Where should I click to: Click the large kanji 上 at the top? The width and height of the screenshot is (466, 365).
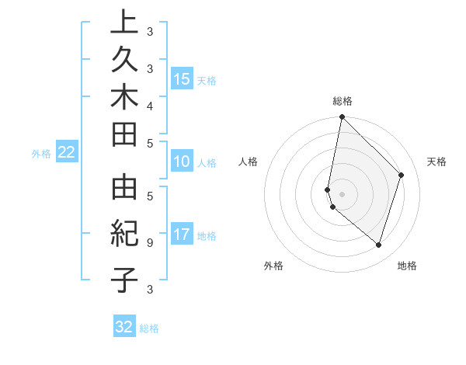(124, 23)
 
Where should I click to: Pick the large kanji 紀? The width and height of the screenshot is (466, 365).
(124, 234)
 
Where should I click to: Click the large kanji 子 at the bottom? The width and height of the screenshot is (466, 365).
(124, 279)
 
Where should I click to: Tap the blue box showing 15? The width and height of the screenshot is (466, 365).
(182, 79)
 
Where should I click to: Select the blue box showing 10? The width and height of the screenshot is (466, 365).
(182, 162)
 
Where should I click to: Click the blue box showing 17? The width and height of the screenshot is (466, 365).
(182, 235)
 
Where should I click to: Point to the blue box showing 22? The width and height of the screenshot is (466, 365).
(67, 153)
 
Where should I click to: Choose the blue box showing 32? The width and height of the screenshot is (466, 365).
(124, 327)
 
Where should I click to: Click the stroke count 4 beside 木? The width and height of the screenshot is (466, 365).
(149, 105)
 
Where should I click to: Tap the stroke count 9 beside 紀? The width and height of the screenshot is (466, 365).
(149, 242)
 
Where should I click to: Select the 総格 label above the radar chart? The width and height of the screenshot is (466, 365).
(343, 101)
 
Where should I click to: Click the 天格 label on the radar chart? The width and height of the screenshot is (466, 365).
(436, 162)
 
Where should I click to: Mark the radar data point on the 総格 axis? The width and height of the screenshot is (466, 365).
(342, 116)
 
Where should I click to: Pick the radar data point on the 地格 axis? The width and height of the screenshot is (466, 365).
(378, 245)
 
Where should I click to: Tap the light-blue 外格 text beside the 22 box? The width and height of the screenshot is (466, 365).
(41, 154)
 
